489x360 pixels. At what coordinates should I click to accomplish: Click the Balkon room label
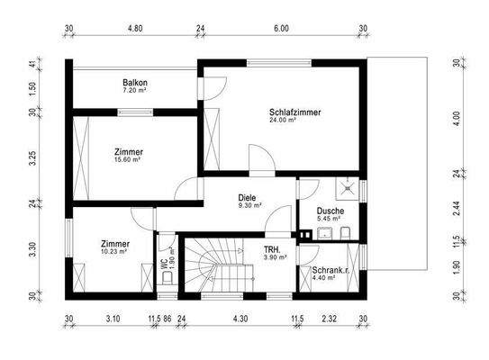135,84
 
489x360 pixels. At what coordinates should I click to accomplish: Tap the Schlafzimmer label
294,112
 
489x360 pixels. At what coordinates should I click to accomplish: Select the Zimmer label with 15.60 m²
129,152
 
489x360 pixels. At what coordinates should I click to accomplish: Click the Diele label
248,197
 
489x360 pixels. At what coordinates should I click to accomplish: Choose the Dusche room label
329,211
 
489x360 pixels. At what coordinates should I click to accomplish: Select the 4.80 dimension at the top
134,29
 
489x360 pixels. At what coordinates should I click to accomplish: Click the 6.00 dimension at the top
281,29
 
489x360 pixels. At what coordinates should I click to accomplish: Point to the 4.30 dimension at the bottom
240,319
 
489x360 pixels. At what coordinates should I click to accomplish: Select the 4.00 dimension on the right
457,116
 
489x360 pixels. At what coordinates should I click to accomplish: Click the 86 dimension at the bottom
168,319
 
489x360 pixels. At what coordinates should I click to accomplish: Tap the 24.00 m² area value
284,120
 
